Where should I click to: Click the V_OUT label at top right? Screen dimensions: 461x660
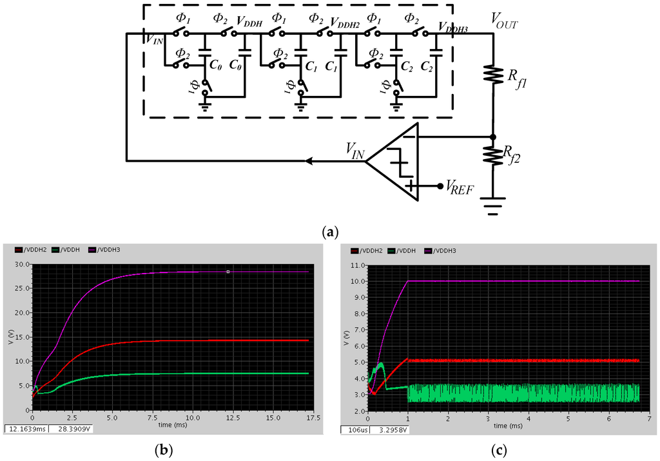point(504,24)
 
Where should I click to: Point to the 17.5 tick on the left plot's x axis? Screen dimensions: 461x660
point(308,419)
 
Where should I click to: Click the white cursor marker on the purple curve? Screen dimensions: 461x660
point(228,272)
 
